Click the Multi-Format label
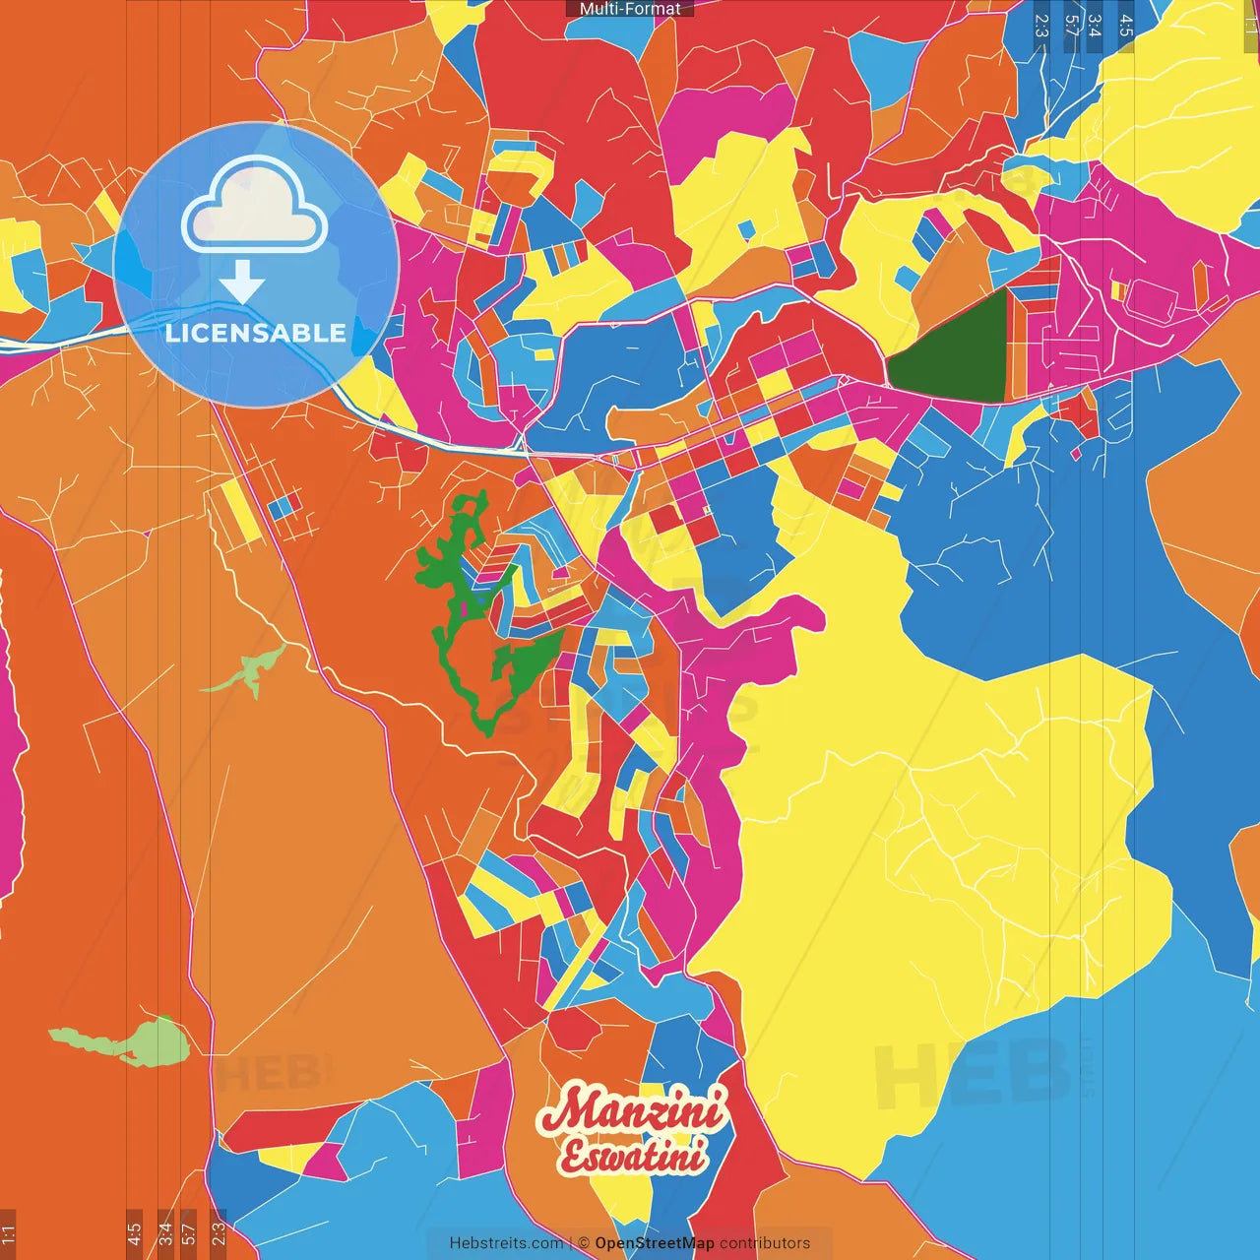click(630, 9)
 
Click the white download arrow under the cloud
click(242, 282)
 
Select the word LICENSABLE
click(256, 333)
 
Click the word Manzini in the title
click(632, 1111)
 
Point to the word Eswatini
click(632, 1157)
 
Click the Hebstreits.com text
click(507, 1243)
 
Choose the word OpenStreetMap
click(654, 1243)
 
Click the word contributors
click(765, 1243)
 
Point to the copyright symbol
click(583, 1243)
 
